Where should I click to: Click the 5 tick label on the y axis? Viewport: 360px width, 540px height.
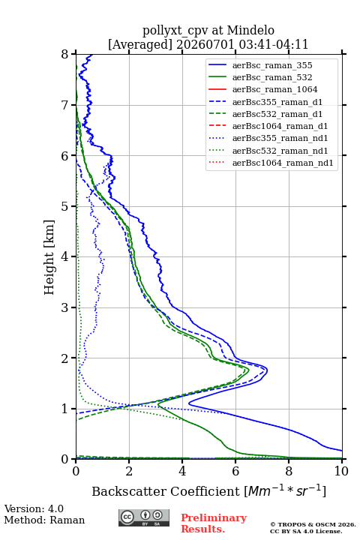(x=65, y=206)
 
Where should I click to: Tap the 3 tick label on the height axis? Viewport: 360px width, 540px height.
(x=65, y=307)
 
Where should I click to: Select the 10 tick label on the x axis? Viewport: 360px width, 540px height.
(x=341, y=471)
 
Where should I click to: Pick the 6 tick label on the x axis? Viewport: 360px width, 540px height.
(x=235, y=471)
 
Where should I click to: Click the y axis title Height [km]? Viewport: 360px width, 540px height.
(x=49, y=257)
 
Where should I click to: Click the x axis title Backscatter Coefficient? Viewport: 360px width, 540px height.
(x=166, y=491)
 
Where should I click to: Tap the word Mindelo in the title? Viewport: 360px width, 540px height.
(x=250, y=30)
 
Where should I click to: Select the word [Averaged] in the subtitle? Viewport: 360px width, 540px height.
(x=139, y=44)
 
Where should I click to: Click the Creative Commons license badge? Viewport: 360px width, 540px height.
(x=144, y=518)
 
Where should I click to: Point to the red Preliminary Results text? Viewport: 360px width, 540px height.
(x=214, y=523)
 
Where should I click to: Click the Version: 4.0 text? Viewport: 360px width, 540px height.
(x=34, y=509)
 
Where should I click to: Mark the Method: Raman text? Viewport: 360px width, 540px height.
(x=44, y=520)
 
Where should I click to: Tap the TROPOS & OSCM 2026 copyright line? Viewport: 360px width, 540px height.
(x=313, y=524)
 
